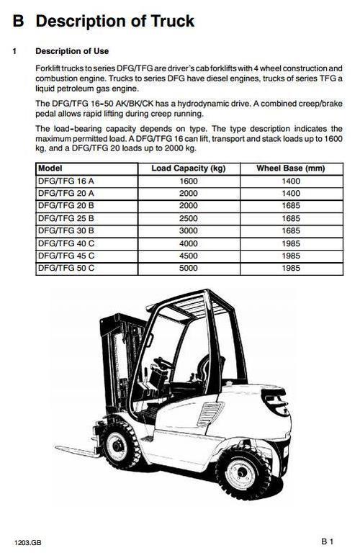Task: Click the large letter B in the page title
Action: click(19, 22)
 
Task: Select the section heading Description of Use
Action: click(72, 51)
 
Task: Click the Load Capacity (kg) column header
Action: click(189, 169)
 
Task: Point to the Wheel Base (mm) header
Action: click(291, 169)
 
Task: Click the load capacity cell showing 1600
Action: click(189, 182)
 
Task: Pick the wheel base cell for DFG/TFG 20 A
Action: click(291, 194)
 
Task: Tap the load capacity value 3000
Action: click(189, 231)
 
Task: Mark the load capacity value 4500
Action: click(189, 256)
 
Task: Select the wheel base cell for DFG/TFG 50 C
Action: click(291, 268)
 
